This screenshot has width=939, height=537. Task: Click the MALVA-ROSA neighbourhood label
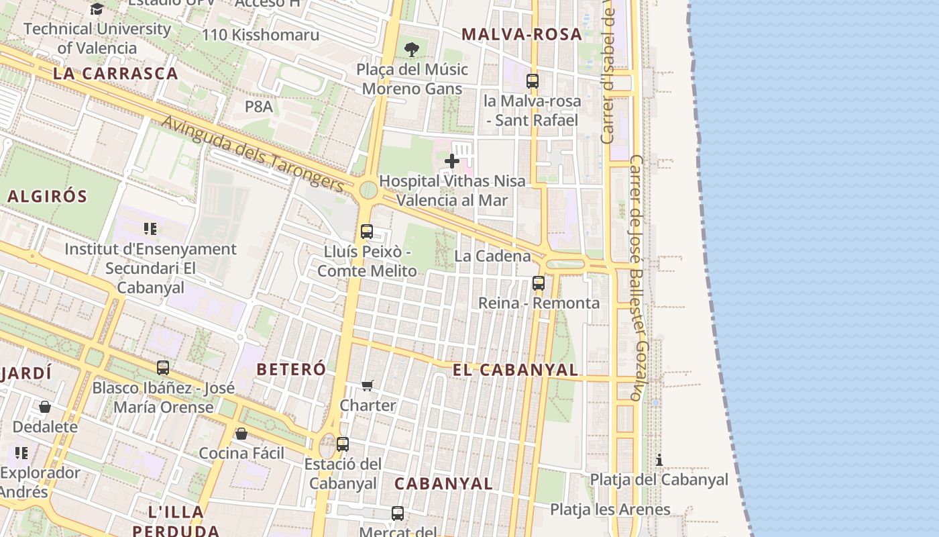(x=522, y=34)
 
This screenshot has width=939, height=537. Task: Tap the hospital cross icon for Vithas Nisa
(x=452, y=161)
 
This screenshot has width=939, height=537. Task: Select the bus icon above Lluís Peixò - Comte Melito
(x=367, y=232)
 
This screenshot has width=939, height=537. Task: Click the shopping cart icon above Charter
(x=367, y=385)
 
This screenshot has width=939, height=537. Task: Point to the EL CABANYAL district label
(x=515, y=370)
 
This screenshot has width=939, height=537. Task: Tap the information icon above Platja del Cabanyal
(x=659, y=460)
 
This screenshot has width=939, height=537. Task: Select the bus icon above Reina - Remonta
(x=539, y=283)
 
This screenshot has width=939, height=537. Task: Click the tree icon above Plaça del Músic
(x=412, y=49)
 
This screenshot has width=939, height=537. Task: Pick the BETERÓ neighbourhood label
(x=291, y=369)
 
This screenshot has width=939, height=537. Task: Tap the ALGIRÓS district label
(x=48, y=197)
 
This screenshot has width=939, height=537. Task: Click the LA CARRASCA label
(x=115, y=74)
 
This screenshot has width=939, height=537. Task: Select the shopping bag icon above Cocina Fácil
(x=241, y=434)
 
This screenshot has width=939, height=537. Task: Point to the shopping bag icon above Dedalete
(x=45, y=407)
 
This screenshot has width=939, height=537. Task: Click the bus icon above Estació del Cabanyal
(x=343, y=444)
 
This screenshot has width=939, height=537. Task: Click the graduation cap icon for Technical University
(x=97, y=9)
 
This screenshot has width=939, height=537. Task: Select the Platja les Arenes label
(x=610, y=509)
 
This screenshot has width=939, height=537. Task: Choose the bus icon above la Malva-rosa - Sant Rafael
(x=533, y=81)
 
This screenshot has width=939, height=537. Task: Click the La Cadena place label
(x=492, y=256)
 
